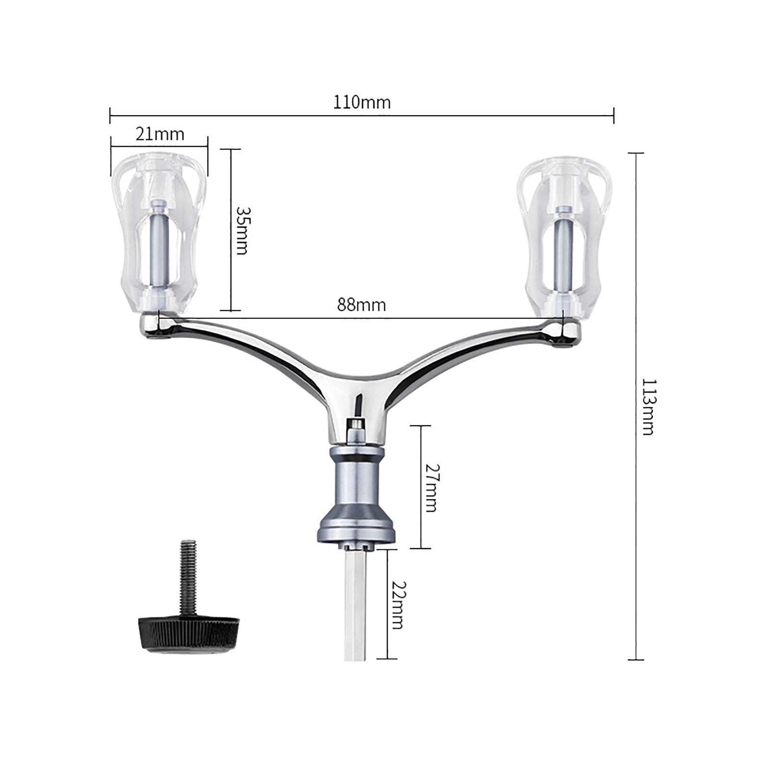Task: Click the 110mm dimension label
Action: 362,102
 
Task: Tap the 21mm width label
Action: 160,134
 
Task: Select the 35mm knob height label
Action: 242,230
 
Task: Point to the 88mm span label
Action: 361,305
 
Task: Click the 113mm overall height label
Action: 648,407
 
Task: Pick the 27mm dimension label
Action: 431,488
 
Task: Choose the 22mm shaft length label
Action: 398,605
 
